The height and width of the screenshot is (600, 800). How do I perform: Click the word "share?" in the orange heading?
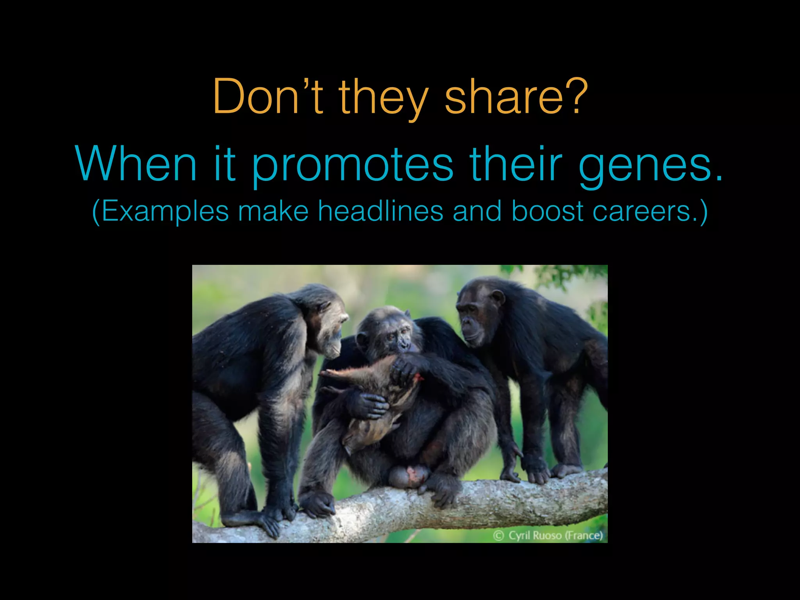click(516, 97)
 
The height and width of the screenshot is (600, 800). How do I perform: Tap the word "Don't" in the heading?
click(268, 97)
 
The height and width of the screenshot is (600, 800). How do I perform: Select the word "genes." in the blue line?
click(650, 164)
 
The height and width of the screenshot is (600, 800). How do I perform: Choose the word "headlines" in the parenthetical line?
click(380, 211)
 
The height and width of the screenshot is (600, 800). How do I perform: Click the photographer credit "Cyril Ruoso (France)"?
click(555, 535)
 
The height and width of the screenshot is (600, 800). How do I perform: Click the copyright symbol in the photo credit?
click(498, 536)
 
